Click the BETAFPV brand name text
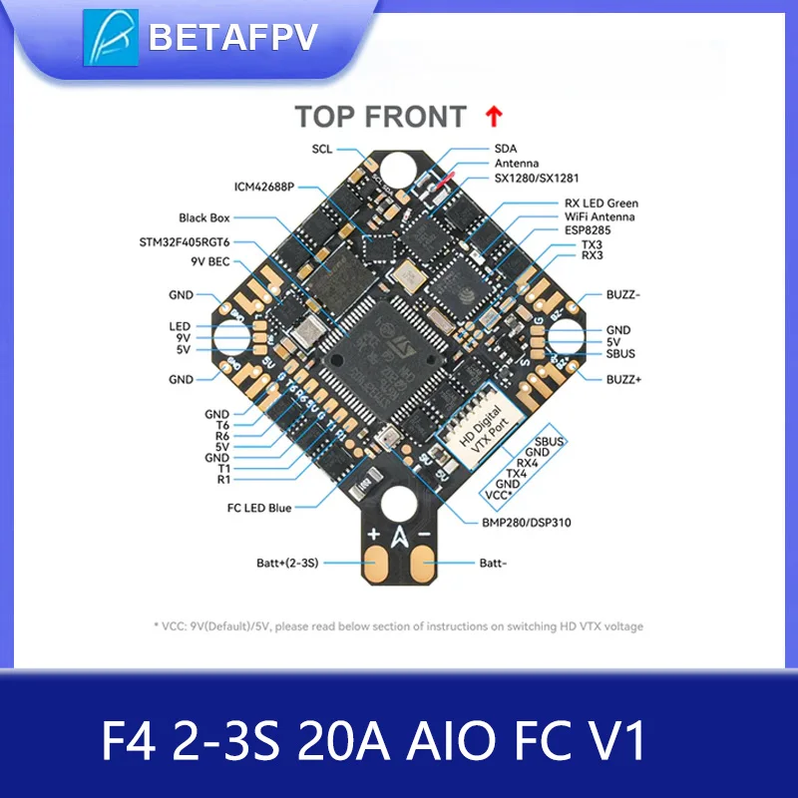pyautogui.click(x=231, y=37)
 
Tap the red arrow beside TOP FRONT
pyautogui.click(x=492, y=117)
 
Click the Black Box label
pyautogui.click(x=204, y=217)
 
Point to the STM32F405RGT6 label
pyautogui.click(x=185, y=241)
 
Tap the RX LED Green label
pyautogui.click(x=601, y=203)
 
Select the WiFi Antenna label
pyautogui.click(x=600, y=216)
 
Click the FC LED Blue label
pyautogui.click(x=258, y=508)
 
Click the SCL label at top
pyautogui.click(x=322, y=150)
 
